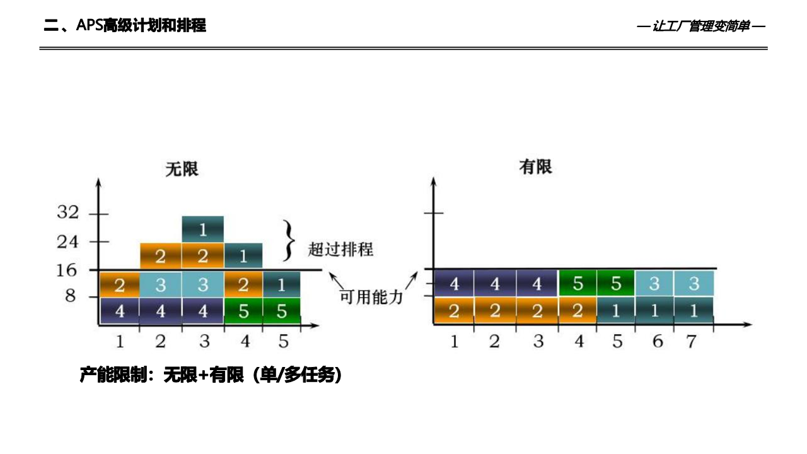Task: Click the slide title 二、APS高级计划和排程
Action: coord(125,26)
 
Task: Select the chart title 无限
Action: coord(182,169)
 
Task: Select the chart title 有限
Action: coord(535,167)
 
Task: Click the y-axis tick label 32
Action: coord(68,213)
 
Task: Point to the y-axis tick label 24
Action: coord(68,242)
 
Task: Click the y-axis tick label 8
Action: coord(71,296)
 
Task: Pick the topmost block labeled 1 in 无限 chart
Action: coord(202,230)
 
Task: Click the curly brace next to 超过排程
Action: coord(289,240)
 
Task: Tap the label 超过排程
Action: coord(340,249)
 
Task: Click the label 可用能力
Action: coord(371,297)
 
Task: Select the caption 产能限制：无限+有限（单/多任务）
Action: coord(211,375)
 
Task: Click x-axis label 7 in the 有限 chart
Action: coord(691,342)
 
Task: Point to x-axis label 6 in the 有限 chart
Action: coord(658,342)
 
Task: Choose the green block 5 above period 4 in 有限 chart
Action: coord(578,284)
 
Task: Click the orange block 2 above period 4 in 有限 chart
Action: coord(578,310)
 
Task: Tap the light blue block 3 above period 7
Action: coord(694,284)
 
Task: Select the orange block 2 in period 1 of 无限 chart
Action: coord(120,285)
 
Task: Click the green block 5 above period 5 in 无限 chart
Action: coord(281,311)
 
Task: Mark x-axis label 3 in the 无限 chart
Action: coord(204,342)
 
